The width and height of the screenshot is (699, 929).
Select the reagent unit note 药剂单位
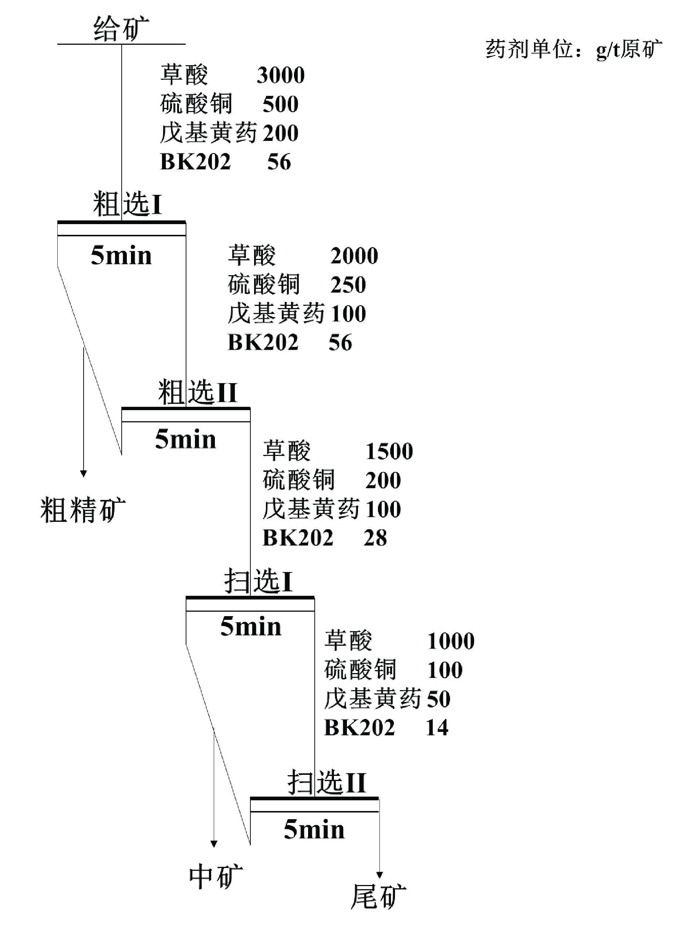[x=530, y=49]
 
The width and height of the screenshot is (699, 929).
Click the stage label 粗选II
[x=198, y=392]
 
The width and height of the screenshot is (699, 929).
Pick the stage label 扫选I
[x=259, y=581]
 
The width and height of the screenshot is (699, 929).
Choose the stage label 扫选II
[x=327, y=782]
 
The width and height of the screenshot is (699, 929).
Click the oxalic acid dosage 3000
[x=281, y=75]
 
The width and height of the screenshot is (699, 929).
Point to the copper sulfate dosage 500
[x=281, y=104]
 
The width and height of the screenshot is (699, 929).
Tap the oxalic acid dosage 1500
[x=389, y=451]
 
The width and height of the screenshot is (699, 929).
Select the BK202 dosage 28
[x=375, y=538]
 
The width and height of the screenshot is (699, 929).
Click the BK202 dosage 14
[x=437, y=727]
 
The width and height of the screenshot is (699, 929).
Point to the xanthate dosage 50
[x=439, y=699]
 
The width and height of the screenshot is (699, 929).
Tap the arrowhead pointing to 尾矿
[x=379, y=875]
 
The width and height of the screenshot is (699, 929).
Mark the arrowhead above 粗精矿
[x=84, y=474]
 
